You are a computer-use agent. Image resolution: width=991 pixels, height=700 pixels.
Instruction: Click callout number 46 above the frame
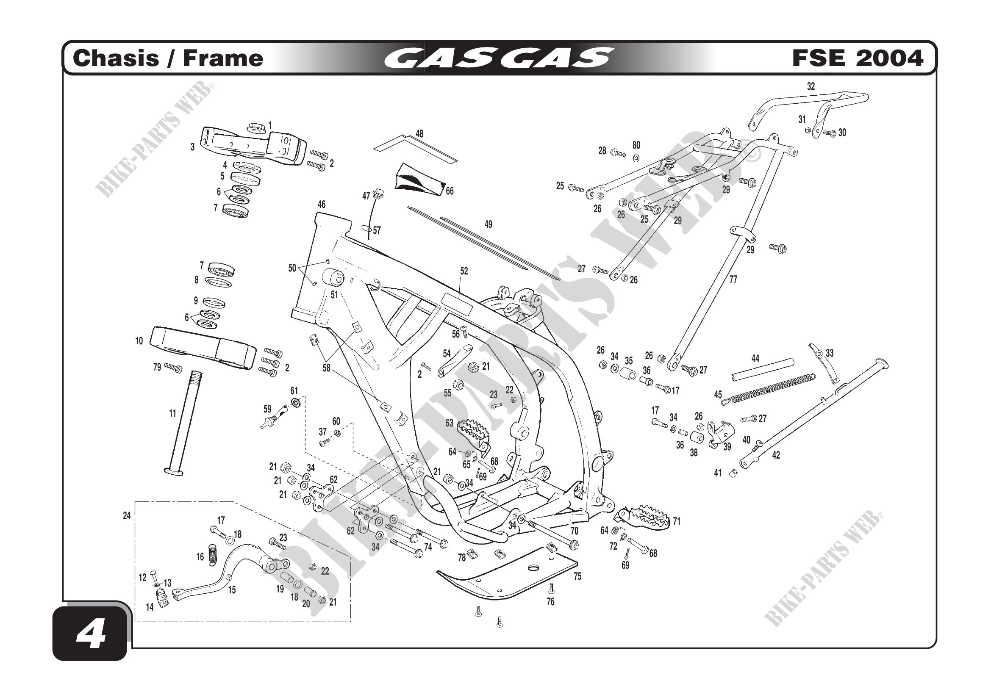pos(322,205)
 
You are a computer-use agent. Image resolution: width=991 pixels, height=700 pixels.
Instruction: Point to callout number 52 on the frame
pos(464,271)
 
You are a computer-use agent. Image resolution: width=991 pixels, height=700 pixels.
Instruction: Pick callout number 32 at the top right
pos(811,86)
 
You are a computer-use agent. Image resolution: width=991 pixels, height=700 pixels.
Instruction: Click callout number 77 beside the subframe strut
pos(733,279)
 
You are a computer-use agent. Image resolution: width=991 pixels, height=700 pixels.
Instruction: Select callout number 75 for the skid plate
pos(577,576)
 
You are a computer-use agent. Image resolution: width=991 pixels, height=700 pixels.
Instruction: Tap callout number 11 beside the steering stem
pos(172,413)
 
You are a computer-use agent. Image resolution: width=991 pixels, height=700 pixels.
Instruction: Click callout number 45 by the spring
pos(718,394)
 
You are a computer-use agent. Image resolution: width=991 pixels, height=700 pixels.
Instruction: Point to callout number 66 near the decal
pos(450,191)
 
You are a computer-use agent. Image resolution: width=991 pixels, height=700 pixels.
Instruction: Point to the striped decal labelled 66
pos(419,177)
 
